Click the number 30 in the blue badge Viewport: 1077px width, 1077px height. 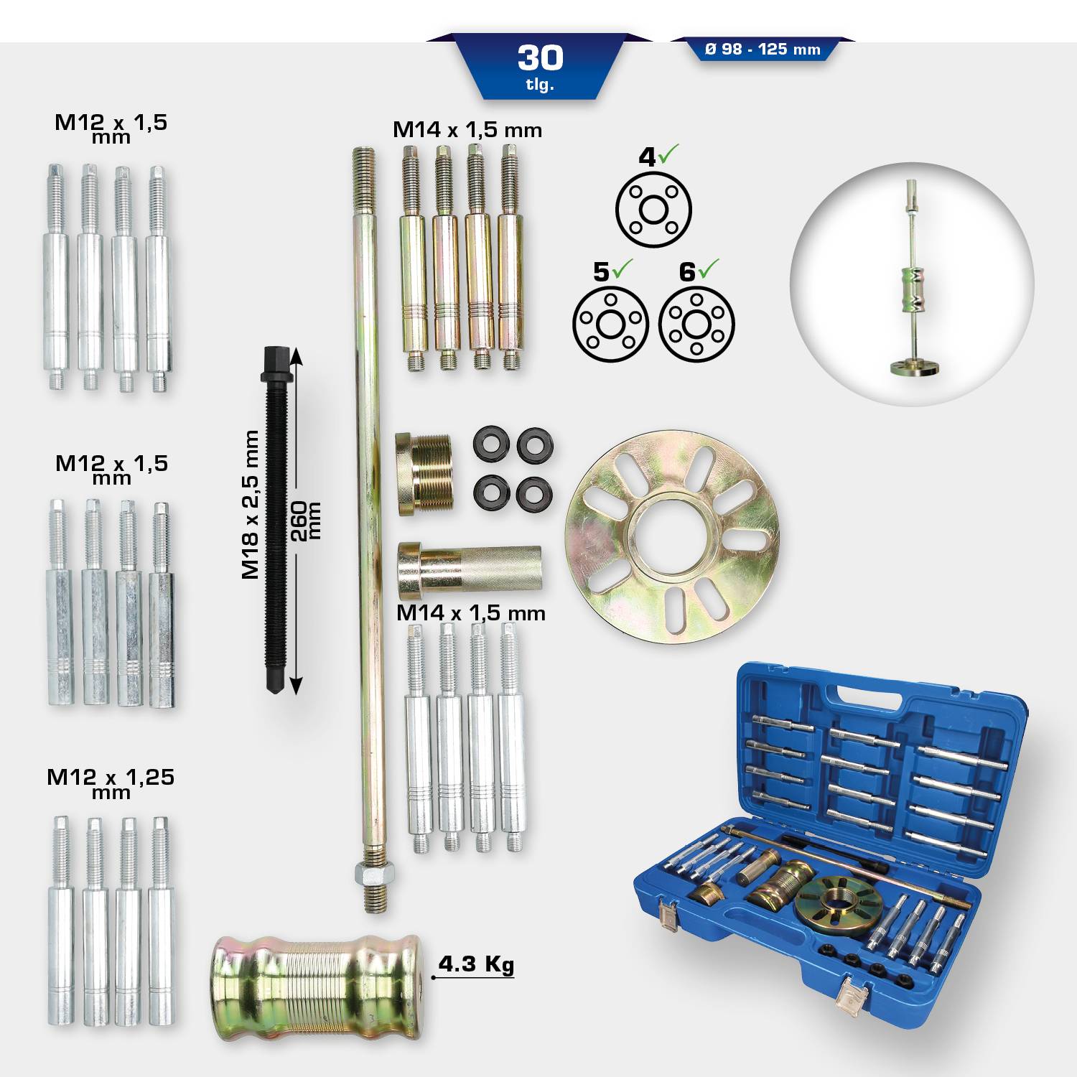(x=540, y=58)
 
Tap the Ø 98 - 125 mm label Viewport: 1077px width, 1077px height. (x=763, y=50)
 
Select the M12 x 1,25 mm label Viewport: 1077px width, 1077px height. (x=111, y=782)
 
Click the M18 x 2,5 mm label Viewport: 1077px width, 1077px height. (x=250, y=504)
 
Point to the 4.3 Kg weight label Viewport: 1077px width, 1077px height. (x=476, y=964)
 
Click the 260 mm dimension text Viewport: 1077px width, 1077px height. (x=305, y=521)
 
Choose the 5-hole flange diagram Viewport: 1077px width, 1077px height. (x=610, y=325)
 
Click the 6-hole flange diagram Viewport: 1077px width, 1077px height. (x=696, y=325)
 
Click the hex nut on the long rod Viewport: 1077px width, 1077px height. (x=373, y=874)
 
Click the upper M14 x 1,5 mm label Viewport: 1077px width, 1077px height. (x=467, y=130)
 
